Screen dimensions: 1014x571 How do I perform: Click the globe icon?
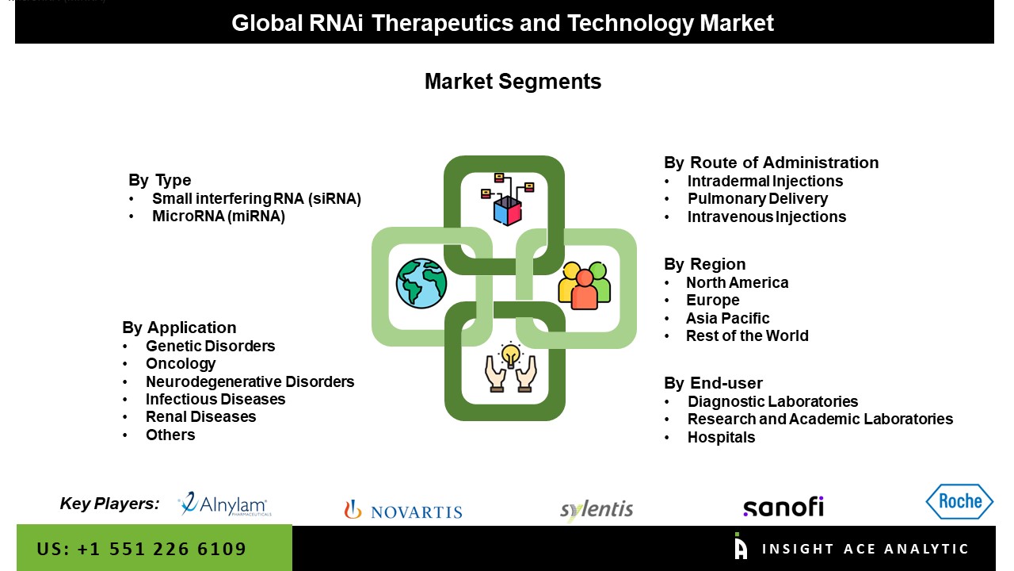pos(421,284)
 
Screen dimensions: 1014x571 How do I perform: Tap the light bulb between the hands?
pos(511,354)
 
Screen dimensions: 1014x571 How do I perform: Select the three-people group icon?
pos(584,285)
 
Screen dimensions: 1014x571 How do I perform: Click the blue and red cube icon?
pos(508,211)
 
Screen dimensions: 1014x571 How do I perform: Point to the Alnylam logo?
pos(224,504)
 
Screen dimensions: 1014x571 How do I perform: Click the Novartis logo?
pos(403,510)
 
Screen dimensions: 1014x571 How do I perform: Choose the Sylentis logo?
pos(597,510)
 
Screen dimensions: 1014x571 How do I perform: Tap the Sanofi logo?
pos(783,507)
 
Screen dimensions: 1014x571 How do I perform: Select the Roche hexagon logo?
pos(959,501)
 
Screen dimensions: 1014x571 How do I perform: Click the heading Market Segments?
pos(513,82)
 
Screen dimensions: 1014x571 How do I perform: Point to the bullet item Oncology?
pos(181,363)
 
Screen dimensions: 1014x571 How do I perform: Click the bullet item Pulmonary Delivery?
pos(757,198)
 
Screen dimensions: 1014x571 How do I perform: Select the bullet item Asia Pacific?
pos(727,318)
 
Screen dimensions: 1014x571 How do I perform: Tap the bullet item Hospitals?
pos(721,437)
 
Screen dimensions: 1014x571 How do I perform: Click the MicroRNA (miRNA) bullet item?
pos(219,217)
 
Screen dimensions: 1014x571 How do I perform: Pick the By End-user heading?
pos(713,383)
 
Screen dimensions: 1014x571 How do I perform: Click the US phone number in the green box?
pos(141,549)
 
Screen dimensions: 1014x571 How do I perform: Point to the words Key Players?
pos(109,504)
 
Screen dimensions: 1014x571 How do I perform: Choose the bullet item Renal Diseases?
pos(200,417)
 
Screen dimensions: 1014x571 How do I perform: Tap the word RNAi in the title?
pos(336,23)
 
